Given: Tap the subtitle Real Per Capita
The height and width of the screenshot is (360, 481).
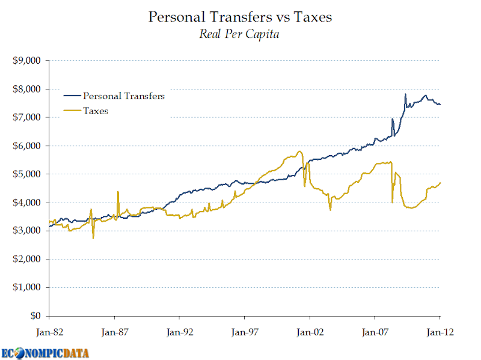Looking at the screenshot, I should point(239,34).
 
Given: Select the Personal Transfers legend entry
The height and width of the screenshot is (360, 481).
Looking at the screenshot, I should point(124,96).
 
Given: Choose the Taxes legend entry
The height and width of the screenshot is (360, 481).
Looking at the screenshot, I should point(96,111).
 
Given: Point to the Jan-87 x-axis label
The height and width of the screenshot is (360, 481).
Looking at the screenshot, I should point(114,331).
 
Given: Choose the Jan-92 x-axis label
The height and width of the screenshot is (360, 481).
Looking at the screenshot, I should point(179,331).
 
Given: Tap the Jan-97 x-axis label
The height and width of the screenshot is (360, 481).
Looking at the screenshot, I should point(244,331).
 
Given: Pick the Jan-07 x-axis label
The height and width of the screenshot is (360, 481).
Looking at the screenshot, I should point(375,331).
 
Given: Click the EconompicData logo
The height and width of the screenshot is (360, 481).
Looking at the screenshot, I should point(45,353).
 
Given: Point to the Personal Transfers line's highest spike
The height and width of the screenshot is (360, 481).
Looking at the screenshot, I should point(405,94).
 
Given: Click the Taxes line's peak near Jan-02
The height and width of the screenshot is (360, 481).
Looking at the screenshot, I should point(299,151).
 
